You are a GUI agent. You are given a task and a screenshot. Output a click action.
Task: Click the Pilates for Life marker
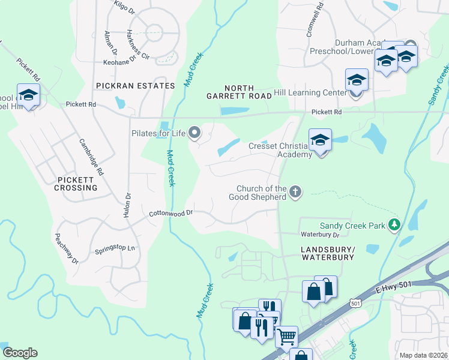[x=194, y=132]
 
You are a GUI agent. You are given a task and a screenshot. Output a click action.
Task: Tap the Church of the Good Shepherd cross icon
[x=294, y=192]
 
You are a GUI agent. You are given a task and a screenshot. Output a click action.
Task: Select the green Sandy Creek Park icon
[x=394, y=225]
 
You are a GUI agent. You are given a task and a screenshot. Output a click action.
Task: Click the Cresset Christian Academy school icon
[x=320, y=141]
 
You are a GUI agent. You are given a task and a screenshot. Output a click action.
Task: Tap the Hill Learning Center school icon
[x=357, y=80]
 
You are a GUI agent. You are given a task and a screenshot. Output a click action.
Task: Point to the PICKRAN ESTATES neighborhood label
[x=135, y=86]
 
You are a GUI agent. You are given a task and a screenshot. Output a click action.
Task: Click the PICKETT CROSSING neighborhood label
[x=77, y=184]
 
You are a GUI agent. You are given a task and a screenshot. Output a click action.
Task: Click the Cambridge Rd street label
[x=91, y=157]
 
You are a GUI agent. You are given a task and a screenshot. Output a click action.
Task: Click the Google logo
[x=20, y=353]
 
